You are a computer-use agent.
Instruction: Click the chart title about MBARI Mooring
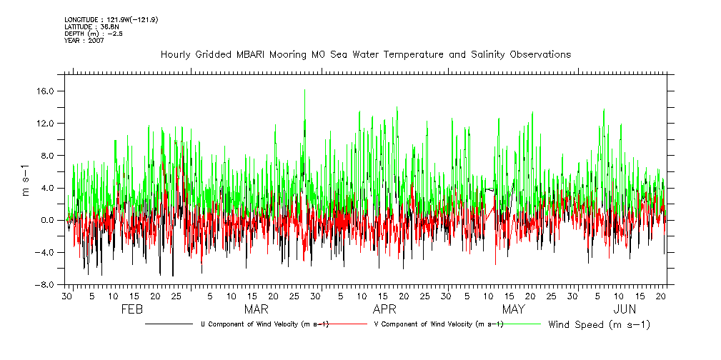366,54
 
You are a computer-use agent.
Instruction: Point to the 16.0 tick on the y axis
48,91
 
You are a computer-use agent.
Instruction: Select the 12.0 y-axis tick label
48,124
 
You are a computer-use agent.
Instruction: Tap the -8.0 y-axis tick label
46,284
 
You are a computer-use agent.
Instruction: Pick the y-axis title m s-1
26,181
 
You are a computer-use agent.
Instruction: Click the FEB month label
132,309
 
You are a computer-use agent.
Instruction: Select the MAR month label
257,309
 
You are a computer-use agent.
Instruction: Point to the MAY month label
513,309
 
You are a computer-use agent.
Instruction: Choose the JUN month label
625,309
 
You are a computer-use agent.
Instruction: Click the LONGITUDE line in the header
111,19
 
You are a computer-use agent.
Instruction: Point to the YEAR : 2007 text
84,41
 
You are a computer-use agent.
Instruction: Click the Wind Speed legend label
599,324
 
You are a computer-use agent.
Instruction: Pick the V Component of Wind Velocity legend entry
438,324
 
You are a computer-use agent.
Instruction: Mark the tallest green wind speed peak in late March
304,91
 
